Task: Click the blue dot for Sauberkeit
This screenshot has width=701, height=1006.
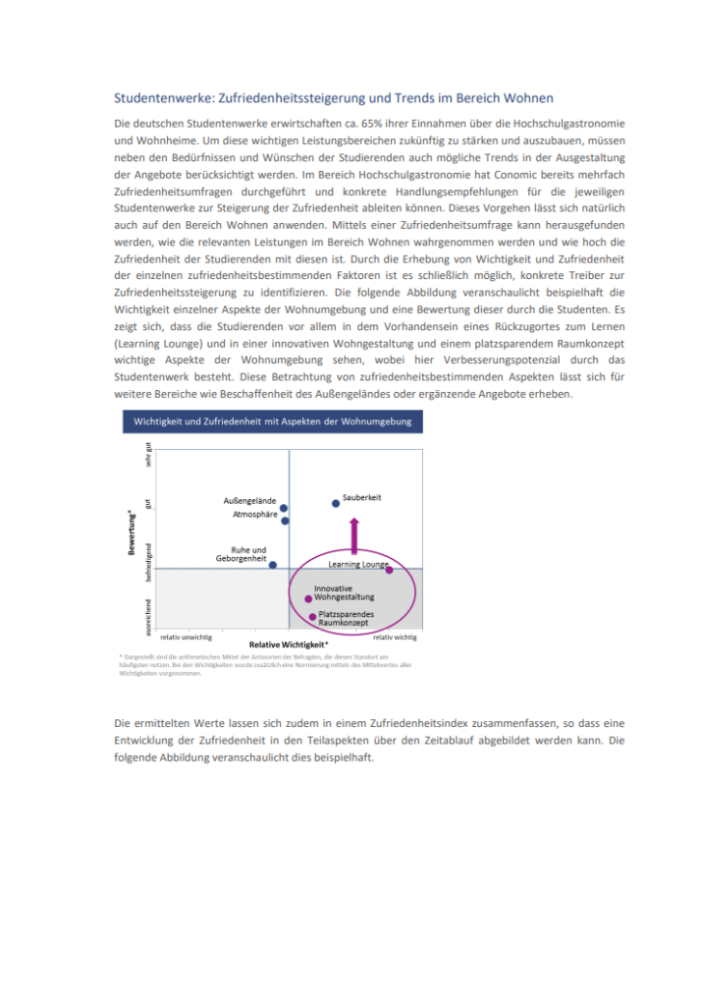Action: click(336, 503)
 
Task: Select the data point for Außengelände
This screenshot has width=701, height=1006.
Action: click(284, 509)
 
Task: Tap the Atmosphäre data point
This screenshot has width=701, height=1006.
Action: click(285, 521)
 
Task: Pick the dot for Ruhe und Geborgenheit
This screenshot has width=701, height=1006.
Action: click(273, 565)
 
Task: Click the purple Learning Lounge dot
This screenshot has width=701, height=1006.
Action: click(389, 570)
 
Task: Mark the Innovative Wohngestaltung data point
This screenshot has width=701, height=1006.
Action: click(308, 598)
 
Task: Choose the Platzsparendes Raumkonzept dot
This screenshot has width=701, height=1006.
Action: click(313, 617)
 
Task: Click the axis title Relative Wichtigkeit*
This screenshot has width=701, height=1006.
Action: click(289, 644)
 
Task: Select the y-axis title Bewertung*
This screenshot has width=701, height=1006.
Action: click(132, 531)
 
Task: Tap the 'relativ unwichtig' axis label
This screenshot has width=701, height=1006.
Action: click(186, 637)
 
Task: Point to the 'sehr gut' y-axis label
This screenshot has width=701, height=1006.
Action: click(148, 457)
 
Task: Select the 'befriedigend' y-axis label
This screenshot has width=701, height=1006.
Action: click(148, 559)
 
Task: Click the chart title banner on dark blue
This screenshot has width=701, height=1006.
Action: click(273, 422)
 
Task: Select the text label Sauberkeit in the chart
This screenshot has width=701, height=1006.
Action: click(362, 497)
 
